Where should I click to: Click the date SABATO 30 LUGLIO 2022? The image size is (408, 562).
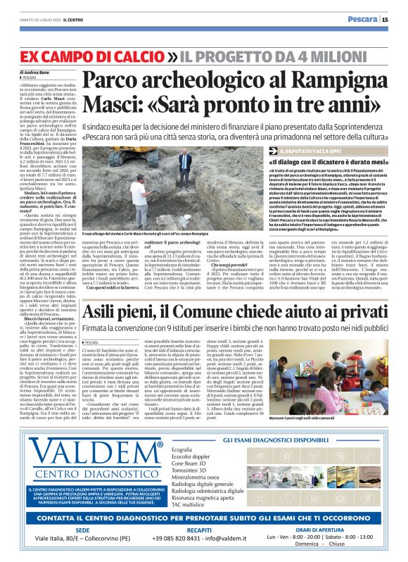coord(41,20)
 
